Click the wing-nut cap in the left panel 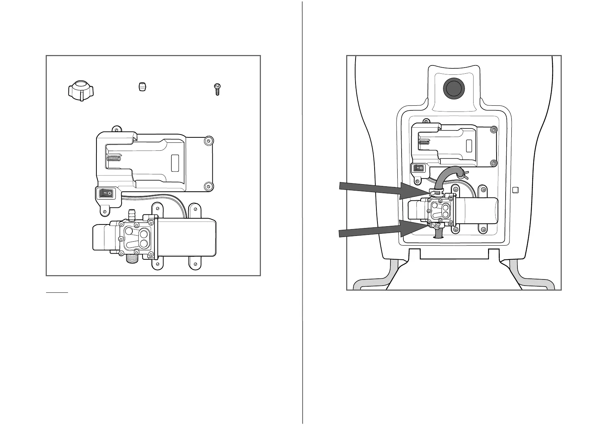[x=81, y=91]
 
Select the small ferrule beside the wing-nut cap [x=143, y=87]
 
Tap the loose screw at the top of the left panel [x=217, y=89]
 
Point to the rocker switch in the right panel [x=419, y=168]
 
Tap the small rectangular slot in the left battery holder [x=175, y=163]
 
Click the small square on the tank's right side [x=515, y=190]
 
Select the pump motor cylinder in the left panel [x=186, y=237]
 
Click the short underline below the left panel [x=57, y=293]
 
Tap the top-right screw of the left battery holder [x=208, y=140]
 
